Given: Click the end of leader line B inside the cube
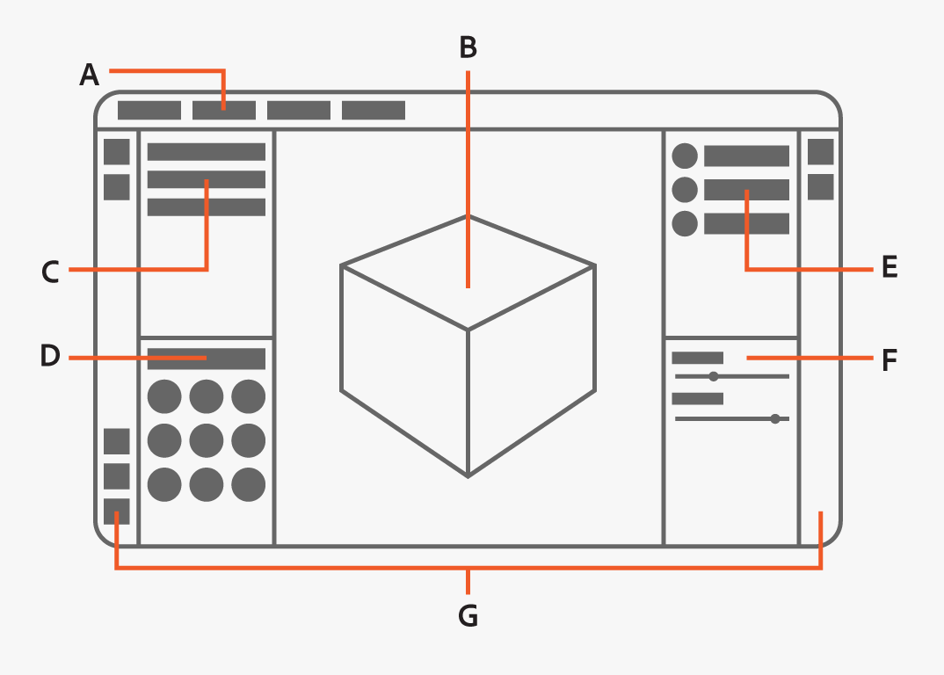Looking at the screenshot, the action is click(x=468, y=287).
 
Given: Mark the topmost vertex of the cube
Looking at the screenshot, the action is click(x=468, y=215).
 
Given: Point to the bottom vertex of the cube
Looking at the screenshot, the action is click(x=468, y=476).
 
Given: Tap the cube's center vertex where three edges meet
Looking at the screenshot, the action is click(x=468, y=330).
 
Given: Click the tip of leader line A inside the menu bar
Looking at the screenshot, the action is click(x=224, y=110).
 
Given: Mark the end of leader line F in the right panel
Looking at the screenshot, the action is click(x=747, y=358).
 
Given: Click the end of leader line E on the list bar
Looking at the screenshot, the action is click(x=746, y=190).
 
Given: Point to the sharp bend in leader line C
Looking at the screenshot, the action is click(x=207, y=269).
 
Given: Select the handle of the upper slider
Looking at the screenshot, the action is click(x=714, y=376).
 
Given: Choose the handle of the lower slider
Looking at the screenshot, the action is click(x=775, y=418).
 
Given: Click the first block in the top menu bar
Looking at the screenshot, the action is click(x=149, y=110).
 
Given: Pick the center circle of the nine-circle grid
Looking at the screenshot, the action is click(x=207, y=440).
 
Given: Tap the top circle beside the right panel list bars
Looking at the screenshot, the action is click(x=685, y=156).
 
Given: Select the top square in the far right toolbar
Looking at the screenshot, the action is click(x=821, y=152).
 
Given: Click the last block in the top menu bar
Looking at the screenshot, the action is click(x=374, y=110).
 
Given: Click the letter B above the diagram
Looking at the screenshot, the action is click(x=468, y=47).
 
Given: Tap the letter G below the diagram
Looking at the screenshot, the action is click(x=468, y=616).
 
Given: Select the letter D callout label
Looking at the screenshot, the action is click(x=50, y=355).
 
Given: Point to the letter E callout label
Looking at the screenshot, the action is click(x=890, y=267).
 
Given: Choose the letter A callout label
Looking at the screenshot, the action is click(x=89, y=76).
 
